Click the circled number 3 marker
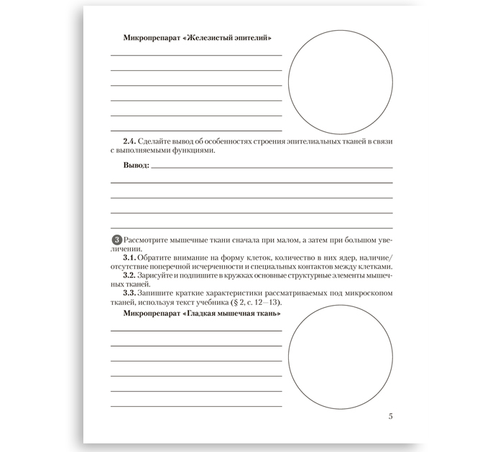click(118, 239)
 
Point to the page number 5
click(390, 416)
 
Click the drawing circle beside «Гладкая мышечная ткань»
click(340, 357)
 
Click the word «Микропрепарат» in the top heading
click(152, 38)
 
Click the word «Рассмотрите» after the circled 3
click(147, 239)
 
